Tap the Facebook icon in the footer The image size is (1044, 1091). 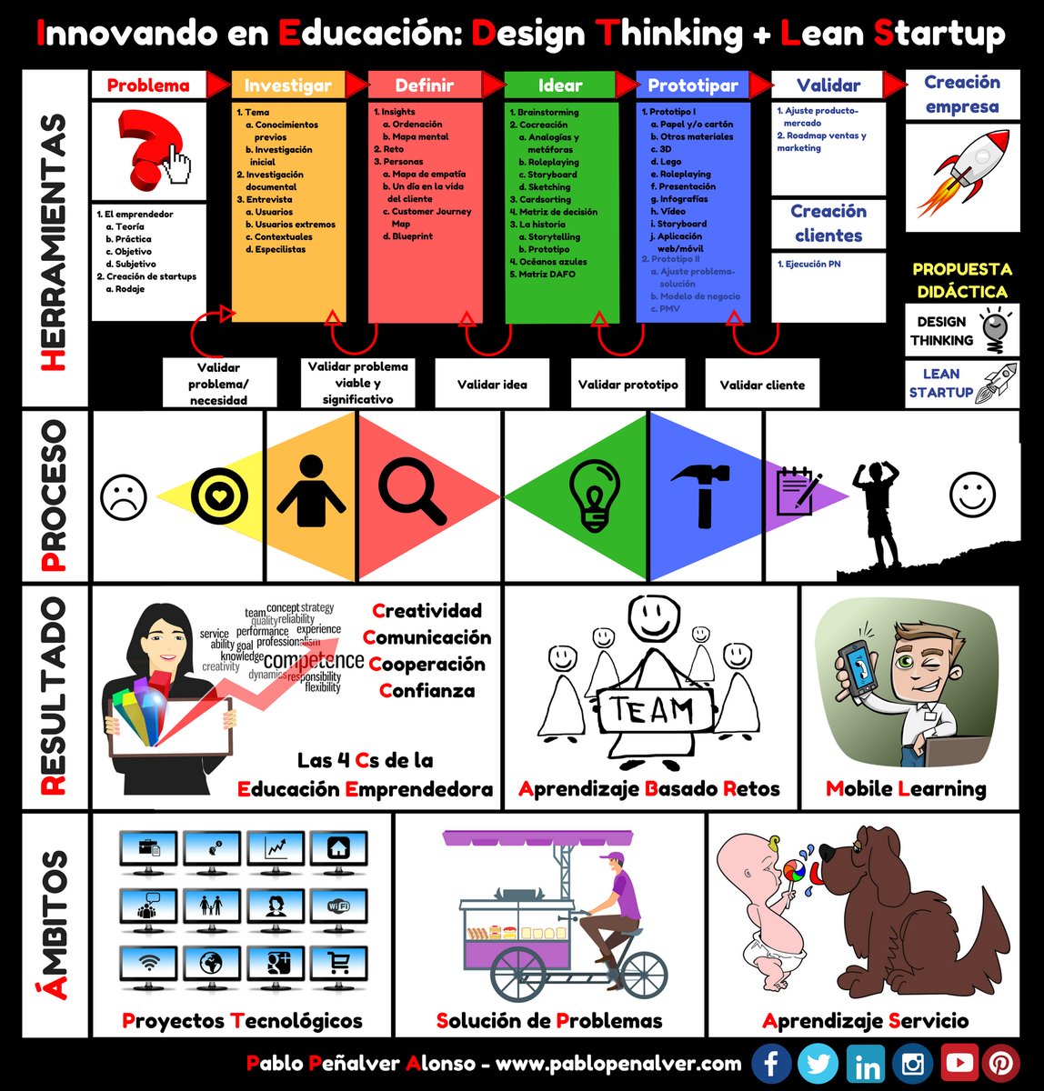[x=771, y=1063]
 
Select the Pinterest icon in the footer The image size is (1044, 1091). [x=999, y=1063]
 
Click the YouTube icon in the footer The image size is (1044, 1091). [x=959, y=1063]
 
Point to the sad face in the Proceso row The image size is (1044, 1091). [x=124, y=497]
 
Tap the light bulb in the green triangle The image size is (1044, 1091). [x=594, y=495]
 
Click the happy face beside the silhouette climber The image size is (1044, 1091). [x=972, y=494]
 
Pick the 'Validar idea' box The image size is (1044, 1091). [x=492, y=385]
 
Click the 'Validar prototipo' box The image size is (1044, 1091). [x=627, y=385]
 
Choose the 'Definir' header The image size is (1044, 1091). [x=425, y=85]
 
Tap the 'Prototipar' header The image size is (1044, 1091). [x=693, y=85]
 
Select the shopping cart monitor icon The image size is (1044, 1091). [x=337, y=963]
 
